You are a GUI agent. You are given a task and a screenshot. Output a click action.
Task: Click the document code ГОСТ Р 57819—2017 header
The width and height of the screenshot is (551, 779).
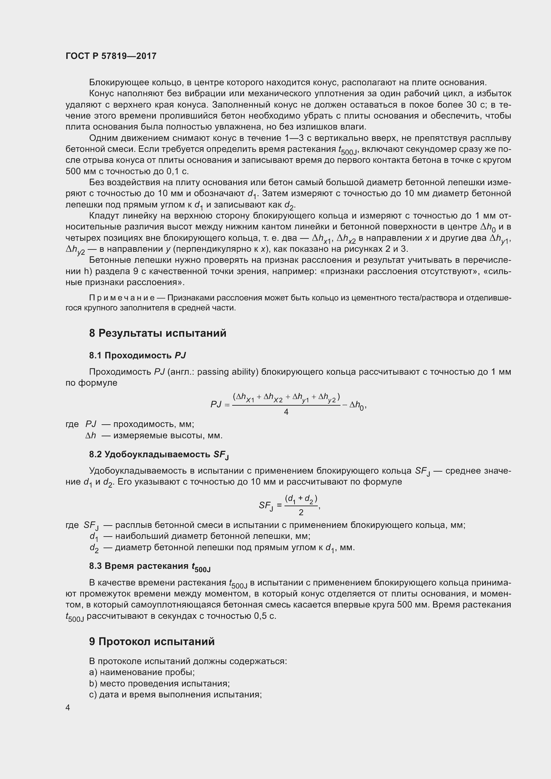click(x=111, y=56)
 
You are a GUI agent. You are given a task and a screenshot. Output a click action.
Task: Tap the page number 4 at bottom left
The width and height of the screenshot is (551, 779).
click(x=68, y=707)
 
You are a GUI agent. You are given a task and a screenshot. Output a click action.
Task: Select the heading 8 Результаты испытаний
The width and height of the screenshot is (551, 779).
click(x=158, y=333)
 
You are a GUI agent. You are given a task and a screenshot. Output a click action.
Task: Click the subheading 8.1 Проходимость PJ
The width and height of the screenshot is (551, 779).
click(x=137, y=356)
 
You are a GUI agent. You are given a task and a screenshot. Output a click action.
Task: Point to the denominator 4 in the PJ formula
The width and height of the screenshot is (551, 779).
click(x=286, y=412)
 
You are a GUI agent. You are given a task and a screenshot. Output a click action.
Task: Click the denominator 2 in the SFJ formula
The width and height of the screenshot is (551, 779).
click(x=301, y=512)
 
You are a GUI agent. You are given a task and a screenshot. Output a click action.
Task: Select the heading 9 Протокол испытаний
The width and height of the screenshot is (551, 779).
click(x=152, y=641)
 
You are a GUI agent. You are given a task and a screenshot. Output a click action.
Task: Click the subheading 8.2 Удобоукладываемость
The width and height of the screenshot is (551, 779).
click(x=159, y=454)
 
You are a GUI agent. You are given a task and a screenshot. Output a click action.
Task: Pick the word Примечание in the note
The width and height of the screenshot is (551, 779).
click(x=122, y=298)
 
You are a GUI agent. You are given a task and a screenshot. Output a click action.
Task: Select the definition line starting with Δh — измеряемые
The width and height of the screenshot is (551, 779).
click(x=154, y=435)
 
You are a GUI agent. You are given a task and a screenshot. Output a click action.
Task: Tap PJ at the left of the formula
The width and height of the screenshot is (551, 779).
click(x=216, y=404)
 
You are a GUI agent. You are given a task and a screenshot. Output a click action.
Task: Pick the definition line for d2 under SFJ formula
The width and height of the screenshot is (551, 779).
click(x=222, y=548)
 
